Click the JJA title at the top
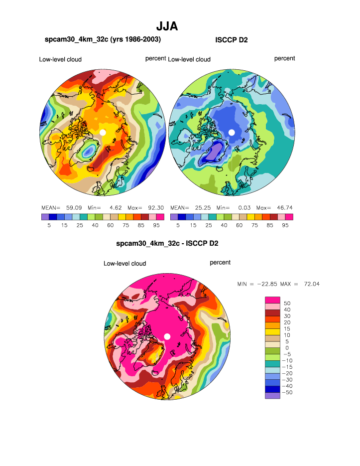point(167,26)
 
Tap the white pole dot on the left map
point(103,132)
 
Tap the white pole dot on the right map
point(232,132)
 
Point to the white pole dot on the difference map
point(167,336)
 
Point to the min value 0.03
point(242,207)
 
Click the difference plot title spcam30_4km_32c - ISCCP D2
point(167,244)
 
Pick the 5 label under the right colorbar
point(178,225)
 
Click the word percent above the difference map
point(220,262)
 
